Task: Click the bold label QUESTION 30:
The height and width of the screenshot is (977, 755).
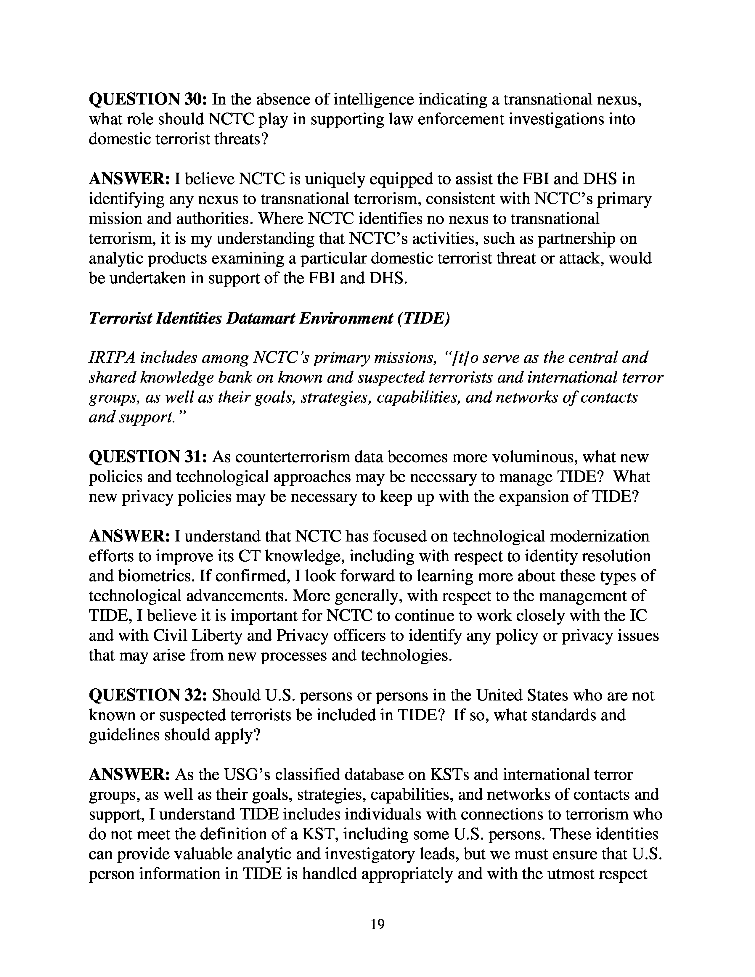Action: tap(148, 99)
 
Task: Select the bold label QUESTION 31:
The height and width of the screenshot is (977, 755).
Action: tap(148, 457)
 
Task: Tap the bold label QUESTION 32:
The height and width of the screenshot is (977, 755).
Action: tap(148, 695)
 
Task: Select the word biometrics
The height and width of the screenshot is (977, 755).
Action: tap(141, 576)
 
